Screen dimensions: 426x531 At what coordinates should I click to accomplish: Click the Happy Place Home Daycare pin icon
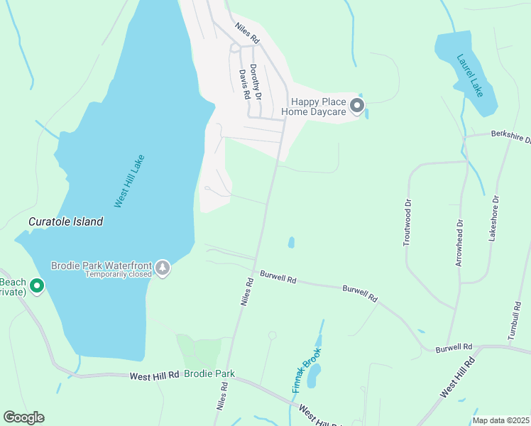tap(356, 106)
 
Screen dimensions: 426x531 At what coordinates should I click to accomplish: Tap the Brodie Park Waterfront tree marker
tap(163, 268)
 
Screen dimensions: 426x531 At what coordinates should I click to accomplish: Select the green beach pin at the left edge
tap(36, 287)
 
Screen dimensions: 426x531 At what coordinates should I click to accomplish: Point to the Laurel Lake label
tap(470, 75)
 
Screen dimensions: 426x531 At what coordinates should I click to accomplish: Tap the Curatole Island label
tap(65, 222)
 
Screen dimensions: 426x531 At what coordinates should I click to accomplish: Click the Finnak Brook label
tap(307, 371)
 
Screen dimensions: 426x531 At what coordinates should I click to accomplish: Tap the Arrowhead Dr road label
tap(459, 243)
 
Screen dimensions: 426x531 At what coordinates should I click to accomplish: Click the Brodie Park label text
tap(209, 373)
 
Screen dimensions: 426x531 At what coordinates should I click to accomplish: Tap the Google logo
tap(23, 417)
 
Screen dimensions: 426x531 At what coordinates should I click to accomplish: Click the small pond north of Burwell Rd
tap(291, 243)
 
